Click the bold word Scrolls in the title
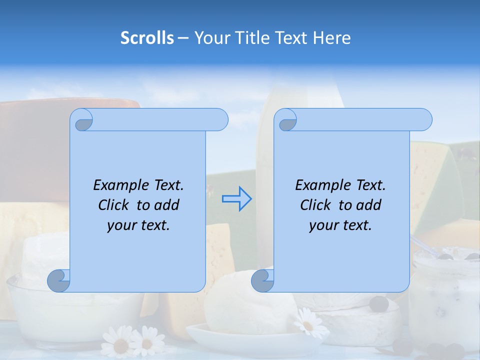147,37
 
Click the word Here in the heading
331,37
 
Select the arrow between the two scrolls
237,199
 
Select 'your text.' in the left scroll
138,225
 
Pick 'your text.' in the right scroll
340,225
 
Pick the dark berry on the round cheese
378,303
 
